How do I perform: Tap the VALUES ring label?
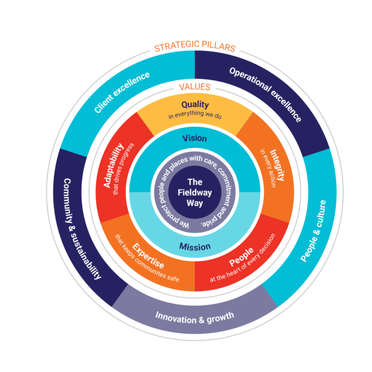pos(195,87)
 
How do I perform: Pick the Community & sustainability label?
pos(82,229)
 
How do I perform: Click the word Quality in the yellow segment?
pos(195,105)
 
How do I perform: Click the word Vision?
pos(195,138)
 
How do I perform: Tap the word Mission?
pos(195,247)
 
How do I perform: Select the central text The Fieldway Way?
pos(195,193)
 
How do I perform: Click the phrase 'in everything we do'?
pos(195,116)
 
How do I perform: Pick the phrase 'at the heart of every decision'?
pos(243,262)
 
